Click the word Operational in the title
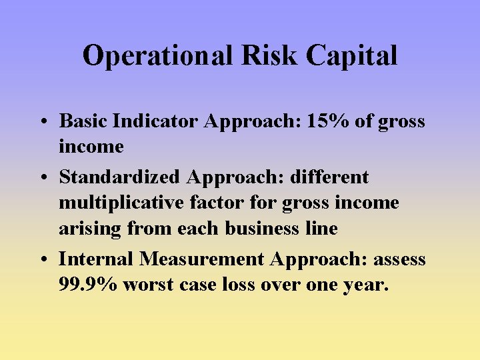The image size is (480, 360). pyautogui.click(x=158, y=56)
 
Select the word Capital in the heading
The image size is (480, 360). pyautogui.click(x=352, y=56)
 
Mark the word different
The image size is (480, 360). pyautogui.click(x=329, y=177)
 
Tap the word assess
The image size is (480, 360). pyautogui.click(x=400, y=259)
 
